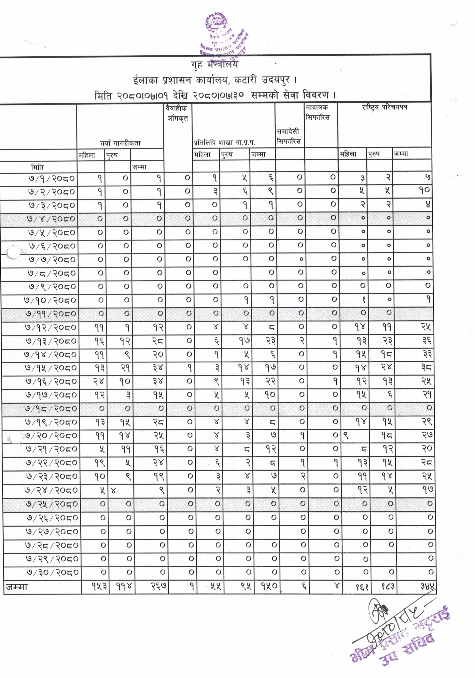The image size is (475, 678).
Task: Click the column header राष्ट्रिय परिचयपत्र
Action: pyautogui.click(x=384, y=107)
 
